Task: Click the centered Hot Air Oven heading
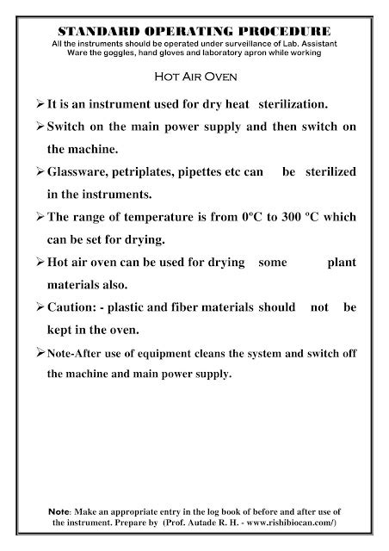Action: tap(194, 75)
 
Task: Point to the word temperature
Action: tap(158, 218)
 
